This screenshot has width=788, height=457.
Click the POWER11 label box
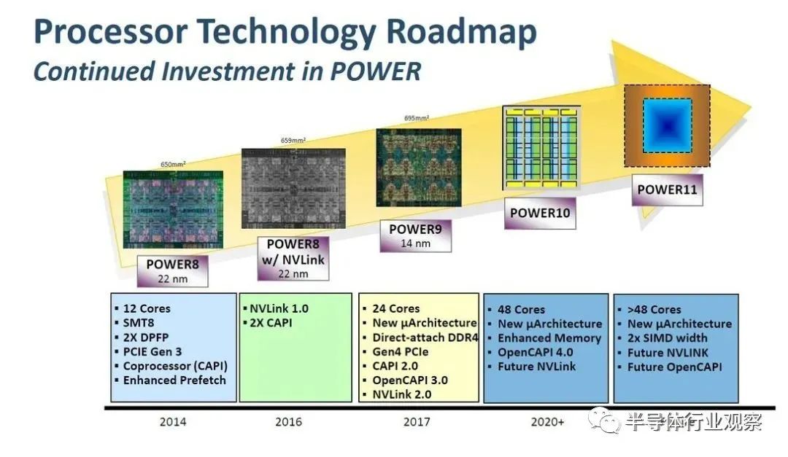pyautogui.click(x=667, y=190)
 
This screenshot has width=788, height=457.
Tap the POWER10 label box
pyautogui.click(x=540, y=213)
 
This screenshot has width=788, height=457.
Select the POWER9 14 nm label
pyautogui.click(x=416, y=235)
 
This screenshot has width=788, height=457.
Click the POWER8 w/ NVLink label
pyautogui.click(x=293, y=259)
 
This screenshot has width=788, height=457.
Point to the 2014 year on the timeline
pyautogui.click(x=173, y=422)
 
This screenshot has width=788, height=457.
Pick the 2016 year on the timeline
pyautogui.click(x=288, y=422)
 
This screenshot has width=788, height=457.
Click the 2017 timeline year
pyautogui.click(x=417, y=422)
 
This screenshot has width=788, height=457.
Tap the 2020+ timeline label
pyautogui.click(x=548, y=422)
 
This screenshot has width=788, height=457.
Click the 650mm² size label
pyautogui.click(x=173, y=164)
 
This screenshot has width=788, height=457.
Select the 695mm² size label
pyautogui.click(x=417, y=118)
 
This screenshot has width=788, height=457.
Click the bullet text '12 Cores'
pyautogui.click(x=147, y=308)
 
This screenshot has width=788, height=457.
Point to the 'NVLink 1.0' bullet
pyautogui.click(x=279, y=308)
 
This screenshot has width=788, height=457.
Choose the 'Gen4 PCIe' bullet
pyautogui.click(x=401, y=351)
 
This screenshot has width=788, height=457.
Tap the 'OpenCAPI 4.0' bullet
pyautogui.click(x=536, y=352)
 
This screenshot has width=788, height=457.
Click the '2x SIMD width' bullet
pyautogui.click(x=667, y=338)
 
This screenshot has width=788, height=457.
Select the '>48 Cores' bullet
pyautogui.click(x=654, y=309)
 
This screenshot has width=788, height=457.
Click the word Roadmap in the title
pyautogui.click(x=461, y=31)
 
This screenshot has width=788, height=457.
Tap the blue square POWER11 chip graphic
pyautogui.click(x=667, y=125)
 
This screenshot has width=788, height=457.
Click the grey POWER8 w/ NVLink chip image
pyautogui.click(x=293, y=188)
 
